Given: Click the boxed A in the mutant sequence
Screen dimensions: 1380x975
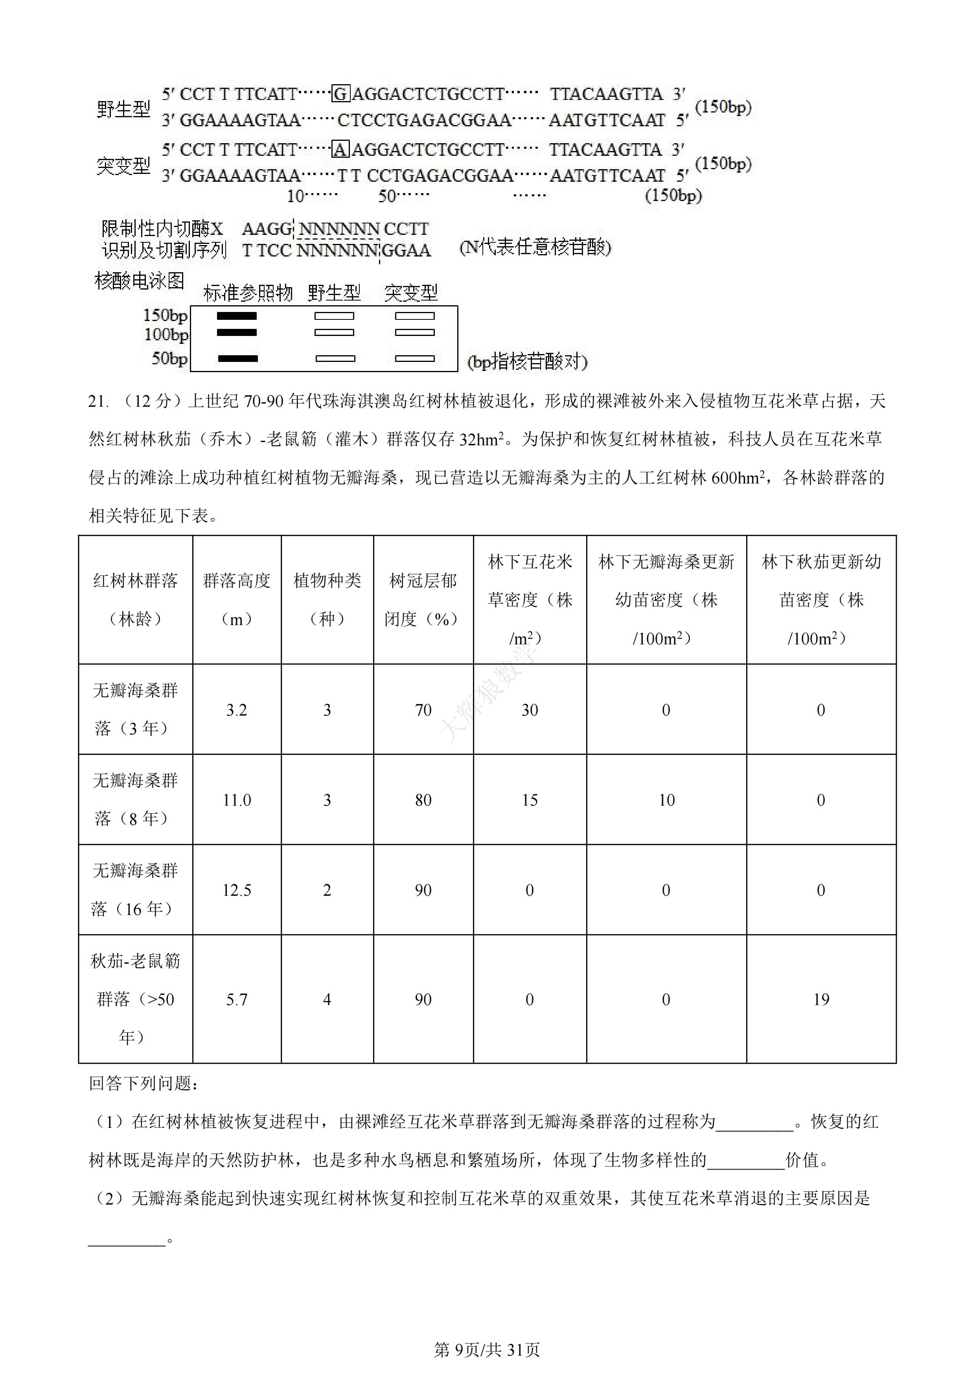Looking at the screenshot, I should (x=340, y=149).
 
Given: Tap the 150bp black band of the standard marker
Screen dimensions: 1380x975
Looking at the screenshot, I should (x=237, y=315).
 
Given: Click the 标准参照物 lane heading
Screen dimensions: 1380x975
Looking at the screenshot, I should (x=248, y=293).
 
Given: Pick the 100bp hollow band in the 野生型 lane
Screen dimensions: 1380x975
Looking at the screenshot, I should (x=335, y=332).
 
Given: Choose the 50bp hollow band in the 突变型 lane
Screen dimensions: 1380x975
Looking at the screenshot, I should (x=414, y=359).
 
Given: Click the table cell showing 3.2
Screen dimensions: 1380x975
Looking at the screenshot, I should (x=237, y=710).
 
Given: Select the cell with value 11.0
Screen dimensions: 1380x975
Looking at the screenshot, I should (x=237, y=800).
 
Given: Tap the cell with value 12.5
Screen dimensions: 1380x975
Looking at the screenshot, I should (x=237, y=890).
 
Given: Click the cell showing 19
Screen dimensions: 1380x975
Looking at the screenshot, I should (x=820, y=1000).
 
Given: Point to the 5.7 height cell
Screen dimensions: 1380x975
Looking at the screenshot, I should (x=237, y=1000).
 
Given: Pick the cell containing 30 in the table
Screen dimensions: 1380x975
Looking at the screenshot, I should (x=529, y=710).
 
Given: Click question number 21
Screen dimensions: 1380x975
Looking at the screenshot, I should (x=97, y=402).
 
